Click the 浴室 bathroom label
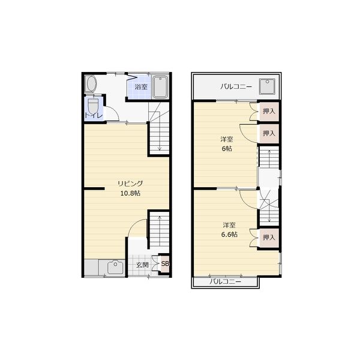tap(141, 87)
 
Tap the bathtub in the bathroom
tap(160, 87)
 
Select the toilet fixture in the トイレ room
tap(93, 106)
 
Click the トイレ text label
tap(94, 115)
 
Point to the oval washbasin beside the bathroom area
tap(91, 84)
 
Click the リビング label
tap(130, 184)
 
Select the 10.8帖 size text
tap(130, 193)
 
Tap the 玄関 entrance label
tap(142, 265)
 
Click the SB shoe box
tap(164, 263)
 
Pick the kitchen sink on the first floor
tap(115, 267)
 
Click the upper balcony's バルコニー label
tap(236, 87)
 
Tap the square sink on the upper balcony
tap(267, 86)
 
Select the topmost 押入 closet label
tap(269, 112)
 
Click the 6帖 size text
tap(227, 149)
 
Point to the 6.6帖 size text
tap(229, 235)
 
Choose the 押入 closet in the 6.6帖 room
tap(269, 238)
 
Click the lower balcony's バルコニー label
tap(225, 282)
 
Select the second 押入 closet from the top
tap(269, 133)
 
